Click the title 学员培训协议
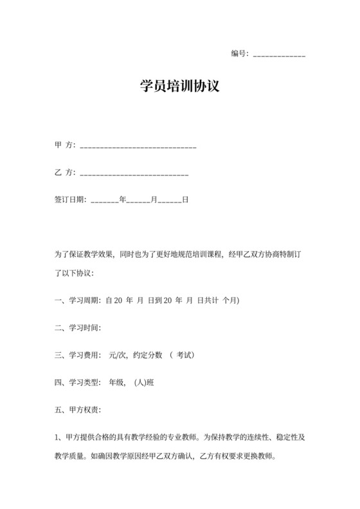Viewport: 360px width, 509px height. click(x=180, y=85)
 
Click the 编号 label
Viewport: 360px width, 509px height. click(x=239, y=53)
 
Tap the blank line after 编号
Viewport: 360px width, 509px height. click(x=280, y=55)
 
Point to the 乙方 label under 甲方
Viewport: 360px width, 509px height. click(x=64, y=172)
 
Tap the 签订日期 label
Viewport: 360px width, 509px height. click(x=70, y=200)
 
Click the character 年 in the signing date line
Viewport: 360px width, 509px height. click(x=123, y=200)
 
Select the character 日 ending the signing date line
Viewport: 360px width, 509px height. click(x=185, y=200)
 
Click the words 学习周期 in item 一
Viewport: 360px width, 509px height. click(x=84, y=300)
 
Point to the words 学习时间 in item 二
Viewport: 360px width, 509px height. click(x=84, y=328)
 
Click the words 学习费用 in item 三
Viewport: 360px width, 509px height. click(x=84, y=355)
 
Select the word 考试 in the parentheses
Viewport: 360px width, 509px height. click(x=185, y=355)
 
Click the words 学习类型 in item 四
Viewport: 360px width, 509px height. click(x=84, y=382)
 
